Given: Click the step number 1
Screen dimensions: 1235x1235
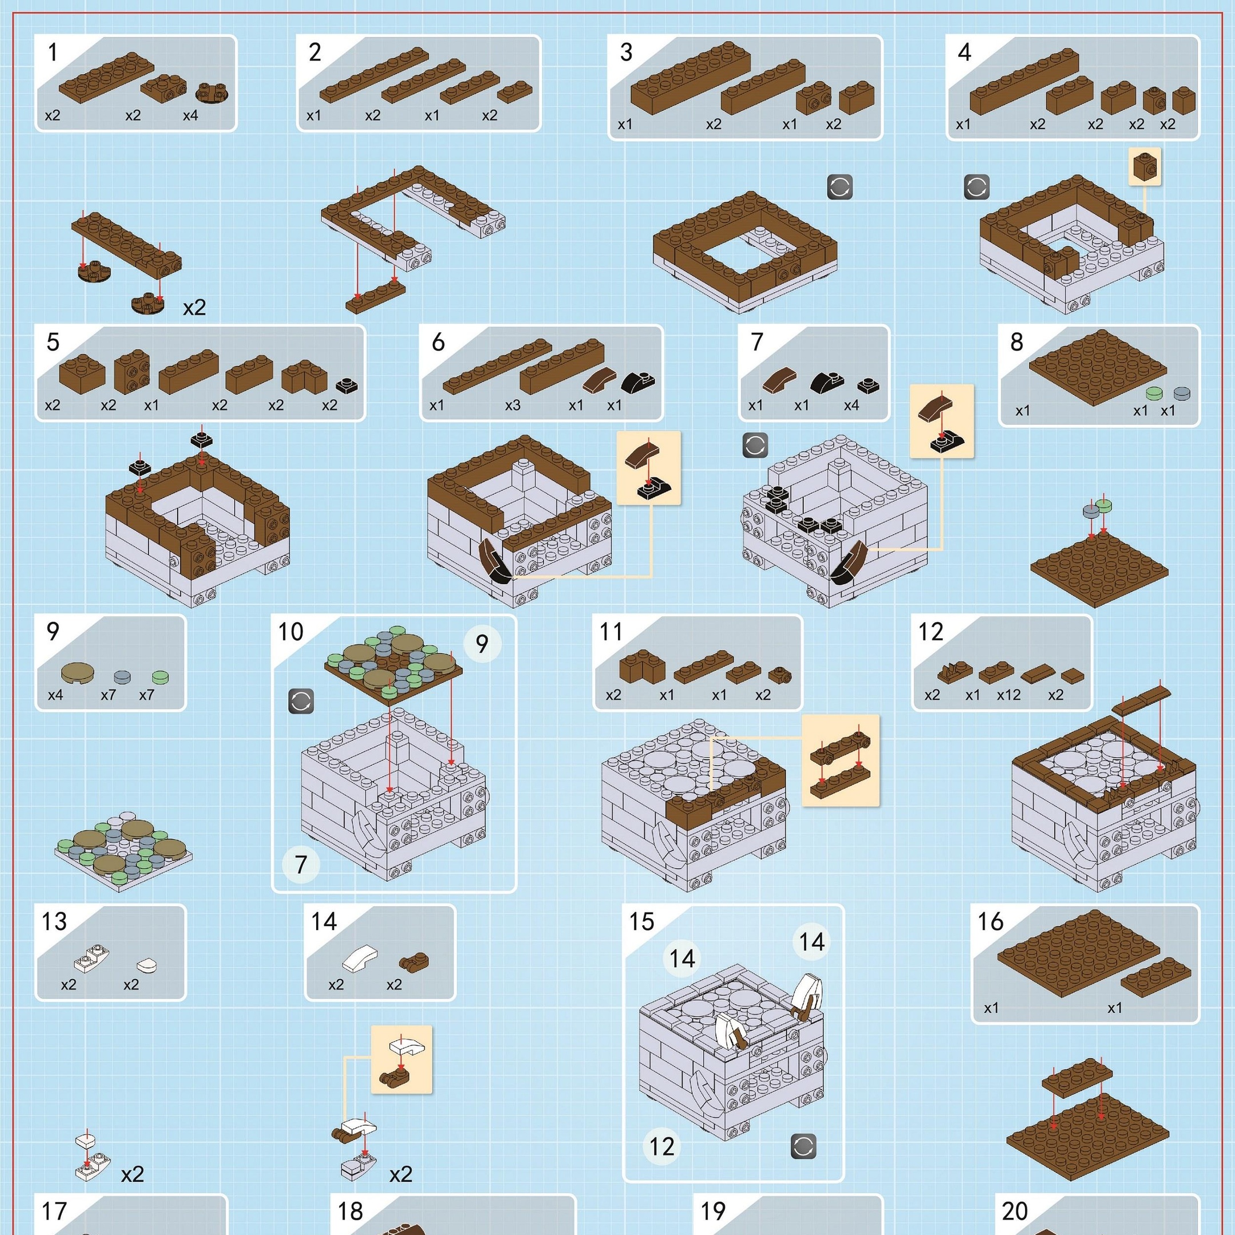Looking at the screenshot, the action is (x=53, y=53).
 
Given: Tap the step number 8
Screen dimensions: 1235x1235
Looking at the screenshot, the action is (x=1017, y=342).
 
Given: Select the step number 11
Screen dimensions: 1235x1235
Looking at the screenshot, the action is (x=611, y=632).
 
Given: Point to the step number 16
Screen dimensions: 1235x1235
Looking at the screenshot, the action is (x=990, y=922).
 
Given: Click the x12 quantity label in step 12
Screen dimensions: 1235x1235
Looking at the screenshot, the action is (x=1009, y=695).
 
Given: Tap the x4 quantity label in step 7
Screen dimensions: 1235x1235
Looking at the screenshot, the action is (x=851, y=405).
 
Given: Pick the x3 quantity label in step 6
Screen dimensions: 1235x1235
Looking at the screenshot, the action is (x=513, y=405).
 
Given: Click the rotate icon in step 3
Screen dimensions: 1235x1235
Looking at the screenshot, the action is (x=840, y=188).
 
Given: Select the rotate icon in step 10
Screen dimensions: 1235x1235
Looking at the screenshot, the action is (x=301, y=701).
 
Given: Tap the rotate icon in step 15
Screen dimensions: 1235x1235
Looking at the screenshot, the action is (x=803, y=1147).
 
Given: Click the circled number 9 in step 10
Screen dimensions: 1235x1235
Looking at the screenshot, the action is (x=482, y=644).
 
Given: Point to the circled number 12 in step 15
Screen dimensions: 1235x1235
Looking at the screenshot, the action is (x=662, y=1146).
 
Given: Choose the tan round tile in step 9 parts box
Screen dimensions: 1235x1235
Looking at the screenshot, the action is (x=78, y=672).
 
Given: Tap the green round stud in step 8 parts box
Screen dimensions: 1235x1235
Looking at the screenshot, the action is (x=1154, y=394).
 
